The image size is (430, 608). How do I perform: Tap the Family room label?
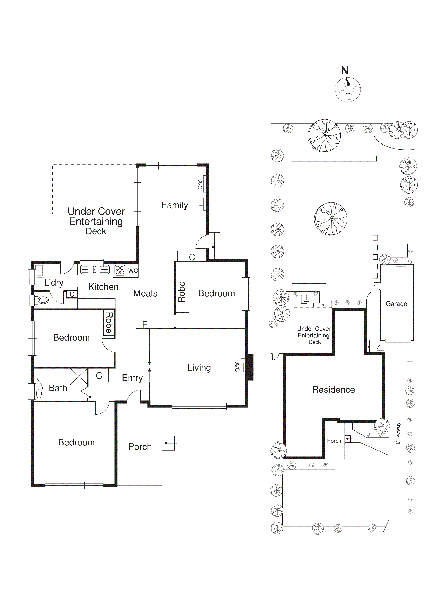coord(175,205)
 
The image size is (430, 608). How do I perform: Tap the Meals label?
coord(145,293)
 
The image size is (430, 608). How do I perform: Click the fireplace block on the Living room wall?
coord(250,367)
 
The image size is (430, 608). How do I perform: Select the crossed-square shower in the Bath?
coord(79,377)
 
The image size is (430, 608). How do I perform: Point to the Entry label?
coord(132,378)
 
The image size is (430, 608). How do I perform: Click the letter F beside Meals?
coord(144,324)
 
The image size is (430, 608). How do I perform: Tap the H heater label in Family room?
coord(201,204)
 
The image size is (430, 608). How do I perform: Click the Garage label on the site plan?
coord(396,304)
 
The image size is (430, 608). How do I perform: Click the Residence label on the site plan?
coord(333,390)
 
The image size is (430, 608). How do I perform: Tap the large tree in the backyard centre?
coord(331,219)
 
